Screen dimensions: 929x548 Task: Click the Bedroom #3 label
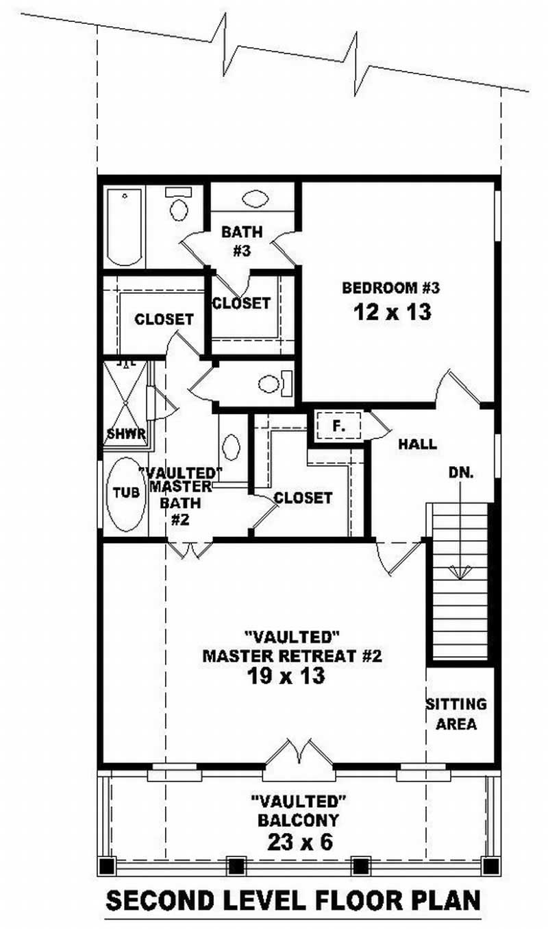(x=390, y=287)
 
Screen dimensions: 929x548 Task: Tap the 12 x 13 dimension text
(x=393, y=312)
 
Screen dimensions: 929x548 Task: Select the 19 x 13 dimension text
(x=287, y=676)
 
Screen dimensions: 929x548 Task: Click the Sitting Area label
(x=456, y=714)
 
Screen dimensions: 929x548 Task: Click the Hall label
(x=418, y=444)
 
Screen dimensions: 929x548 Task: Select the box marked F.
(x=337, y=426)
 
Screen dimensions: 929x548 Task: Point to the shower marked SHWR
(x=125, y=405)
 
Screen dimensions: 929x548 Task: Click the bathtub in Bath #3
(x=124, y=228)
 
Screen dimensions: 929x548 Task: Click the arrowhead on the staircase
(x=460, y=570)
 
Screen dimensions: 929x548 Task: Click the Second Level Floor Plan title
(x=293, y=900)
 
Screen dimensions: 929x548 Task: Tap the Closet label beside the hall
(x=303, y=498)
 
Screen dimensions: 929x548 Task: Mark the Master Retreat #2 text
(x=291, y=655)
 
